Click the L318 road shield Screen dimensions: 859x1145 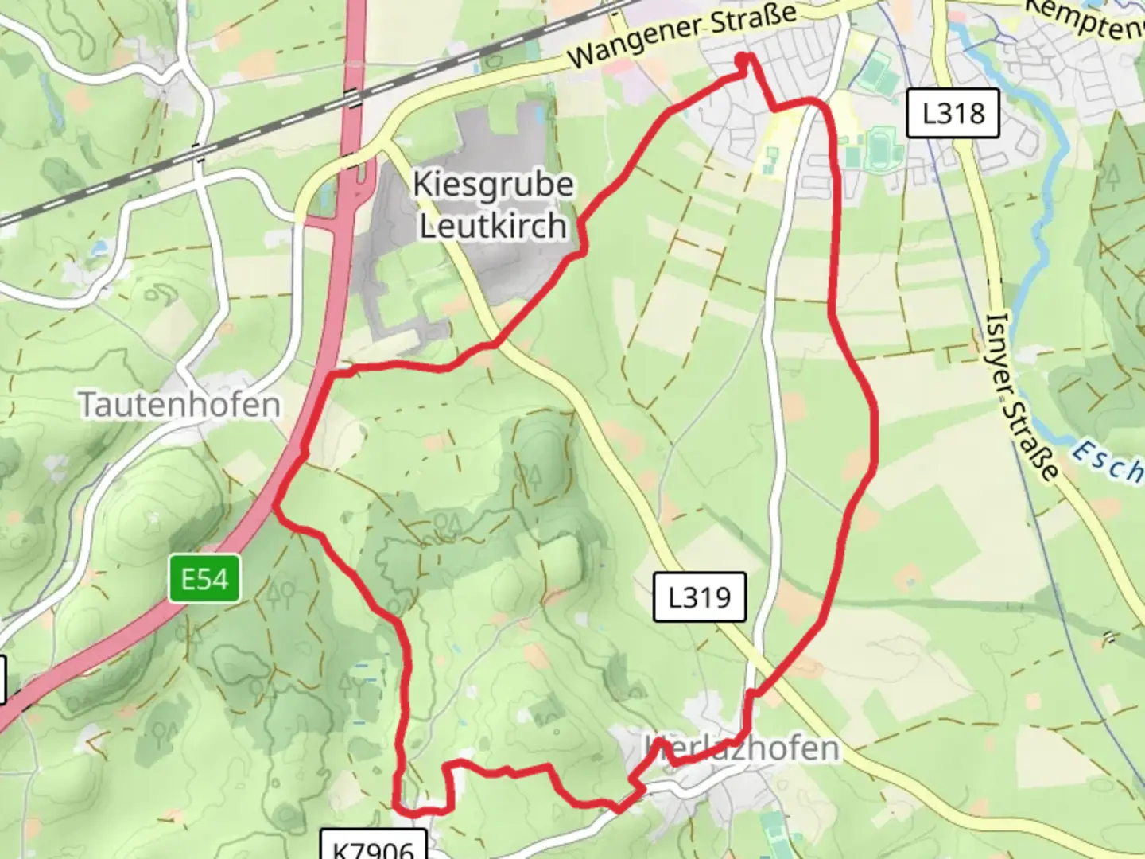953,114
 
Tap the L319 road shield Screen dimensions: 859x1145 699,597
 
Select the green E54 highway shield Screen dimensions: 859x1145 204,579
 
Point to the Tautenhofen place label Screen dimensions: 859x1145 180,405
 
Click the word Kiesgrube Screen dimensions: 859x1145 493,185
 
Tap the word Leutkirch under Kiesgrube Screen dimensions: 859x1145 493,226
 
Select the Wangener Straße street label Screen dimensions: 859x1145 682,36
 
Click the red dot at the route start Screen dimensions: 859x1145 743,60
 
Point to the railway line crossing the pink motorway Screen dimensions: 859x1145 352,98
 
